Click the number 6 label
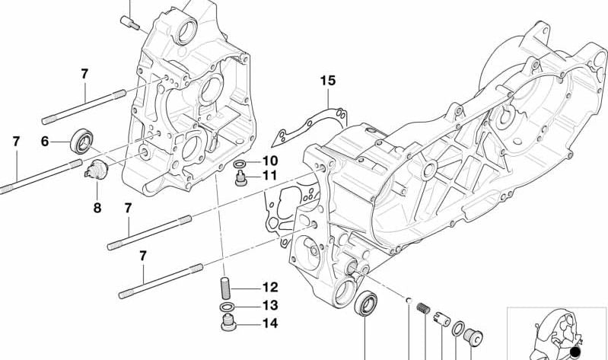[x=45, y=141]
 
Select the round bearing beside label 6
[x=81, y=141]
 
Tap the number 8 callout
[x=97, y=207]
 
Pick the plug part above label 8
[x=96, y=170]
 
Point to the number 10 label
[x=270, y=161]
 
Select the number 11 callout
[x=270, y=177]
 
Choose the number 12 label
[x=270, y=288]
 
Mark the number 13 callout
[x=270, y=306]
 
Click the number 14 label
[x=270, y=323]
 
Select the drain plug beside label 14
[x=228, y=326]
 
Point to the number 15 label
[x=327, y=80]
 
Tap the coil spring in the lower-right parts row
[x=425, y=310]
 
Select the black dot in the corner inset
[x=575, y=351]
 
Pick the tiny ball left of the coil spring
[x=409, y=299]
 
